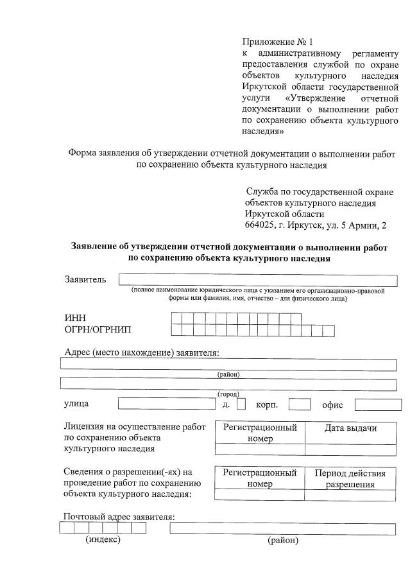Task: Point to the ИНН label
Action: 75,318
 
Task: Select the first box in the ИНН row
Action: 177,318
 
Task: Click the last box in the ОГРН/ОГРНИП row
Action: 328,330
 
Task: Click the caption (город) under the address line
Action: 228,394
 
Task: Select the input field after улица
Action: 166,404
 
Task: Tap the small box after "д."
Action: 241,404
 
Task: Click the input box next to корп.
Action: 300,404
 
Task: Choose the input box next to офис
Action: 378,404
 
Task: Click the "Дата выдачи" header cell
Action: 350,429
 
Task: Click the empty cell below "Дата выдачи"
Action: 350,449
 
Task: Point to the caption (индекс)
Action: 103,540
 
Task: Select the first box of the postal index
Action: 66,528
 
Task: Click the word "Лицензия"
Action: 85,426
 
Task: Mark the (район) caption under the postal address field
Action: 283,540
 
